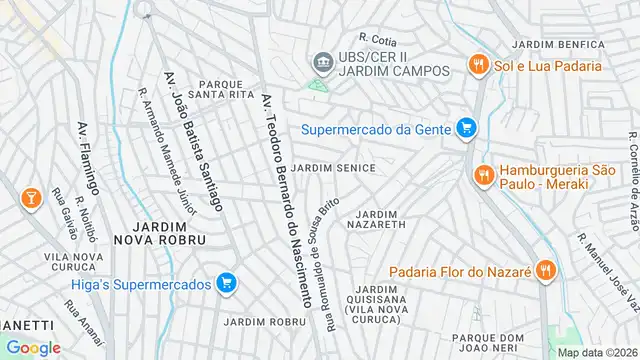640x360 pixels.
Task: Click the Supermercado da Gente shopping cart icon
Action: [464, 127]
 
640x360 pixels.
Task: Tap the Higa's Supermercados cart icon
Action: [227, 284]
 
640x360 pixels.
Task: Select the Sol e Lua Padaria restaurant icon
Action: [479, 66]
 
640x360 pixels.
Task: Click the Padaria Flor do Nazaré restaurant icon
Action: [544, 269]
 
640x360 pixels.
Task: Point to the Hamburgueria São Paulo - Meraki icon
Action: [484, 176]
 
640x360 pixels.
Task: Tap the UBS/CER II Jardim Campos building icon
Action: [322, 62]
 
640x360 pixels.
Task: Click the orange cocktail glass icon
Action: [30, 197]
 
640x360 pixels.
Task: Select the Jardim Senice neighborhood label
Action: [335, 168]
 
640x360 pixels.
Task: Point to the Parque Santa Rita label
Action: [227, 89]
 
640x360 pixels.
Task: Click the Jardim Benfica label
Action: [554, 45]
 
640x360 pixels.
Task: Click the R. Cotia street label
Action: [379, 40]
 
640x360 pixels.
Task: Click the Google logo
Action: [33, 347]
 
